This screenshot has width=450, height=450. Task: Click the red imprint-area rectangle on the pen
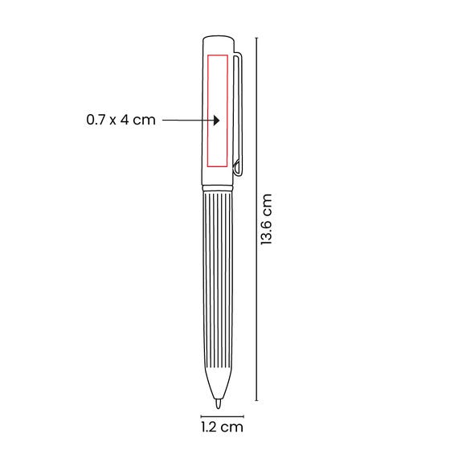coord(207,111)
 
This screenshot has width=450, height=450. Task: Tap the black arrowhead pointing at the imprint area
coord(216,121)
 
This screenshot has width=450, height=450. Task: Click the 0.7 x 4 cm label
coord(121,120)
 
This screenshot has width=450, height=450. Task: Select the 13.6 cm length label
coord(266,219)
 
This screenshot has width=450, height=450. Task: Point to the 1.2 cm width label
coord(222,427)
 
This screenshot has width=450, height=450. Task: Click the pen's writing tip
coord(219,404)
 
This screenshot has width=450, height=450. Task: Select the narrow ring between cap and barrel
coord(218,188)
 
